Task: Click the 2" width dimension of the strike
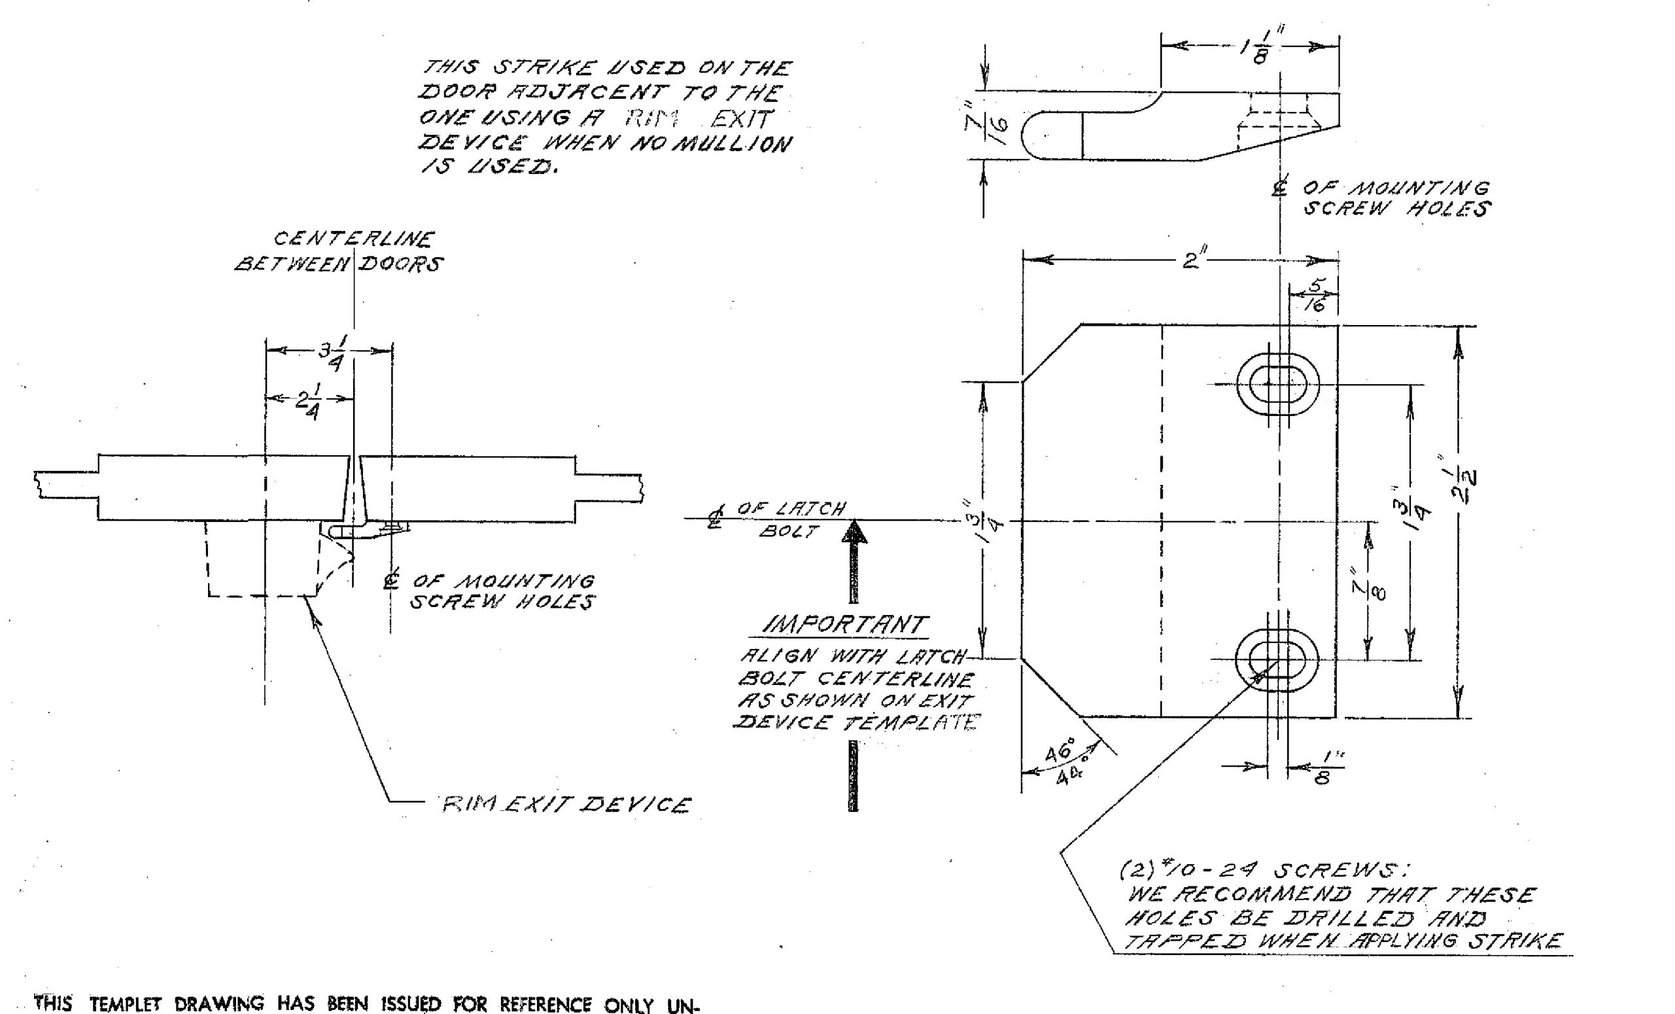1191,260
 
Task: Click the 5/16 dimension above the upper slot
1316,295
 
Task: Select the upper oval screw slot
1277,384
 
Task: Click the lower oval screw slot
1277,659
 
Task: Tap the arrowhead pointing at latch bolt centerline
854,533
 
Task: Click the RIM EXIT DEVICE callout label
566,805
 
